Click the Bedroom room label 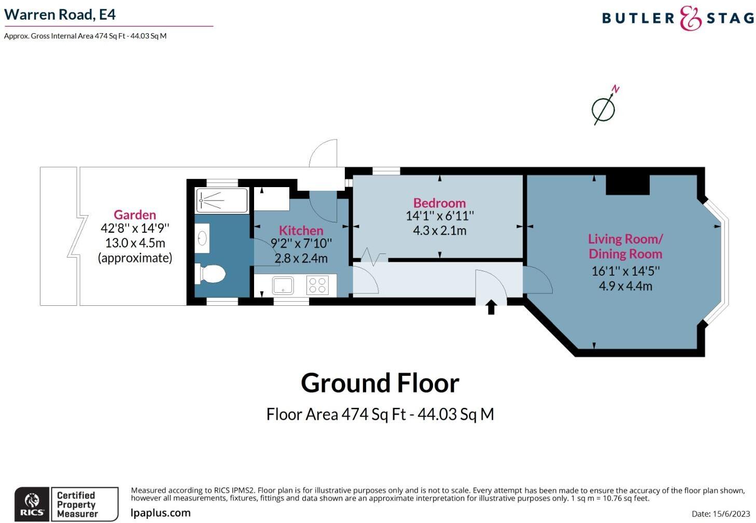tap(439, 203)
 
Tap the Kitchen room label tap(301, 230)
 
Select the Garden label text tap(135, 215)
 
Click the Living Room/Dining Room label tap(625, 246)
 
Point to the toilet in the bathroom tap(211, 274)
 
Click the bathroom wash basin tap(202, 238)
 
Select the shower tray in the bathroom tap(222, 200)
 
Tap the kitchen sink tap(283, 285)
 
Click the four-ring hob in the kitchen tap(317, 285)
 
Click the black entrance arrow tap(491, 307)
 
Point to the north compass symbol tap(605, 107)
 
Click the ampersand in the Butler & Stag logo tap(690, 19)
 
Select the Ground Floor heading tap(380, 383)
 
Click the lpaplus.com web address tap(161, 513)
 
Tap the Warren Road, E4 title tap(60, 15)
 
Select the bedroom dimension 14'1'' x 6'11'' tap(439, 216)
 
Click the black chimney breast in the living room tap(627, 185)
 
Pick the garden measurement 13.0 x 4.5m tap(135, 243)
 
